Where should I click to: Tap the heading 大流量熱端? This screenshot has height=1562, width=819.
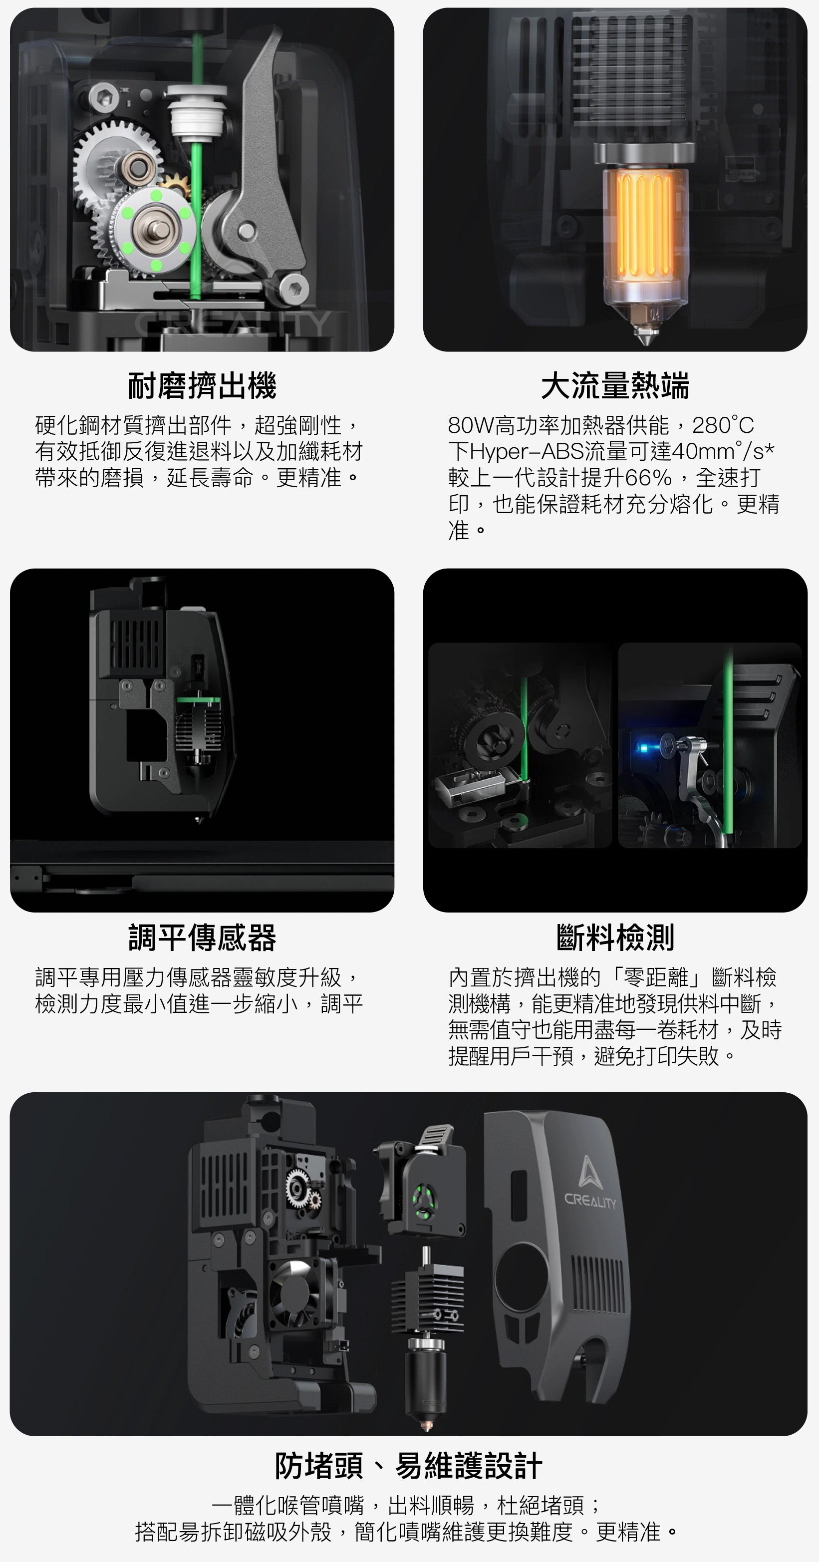coord(615,386)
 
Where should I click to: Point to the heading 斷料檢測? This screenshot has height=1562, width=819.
coord(615,937)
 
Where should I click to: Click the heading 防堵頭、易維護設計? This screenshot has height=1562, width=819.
coord(409,1466)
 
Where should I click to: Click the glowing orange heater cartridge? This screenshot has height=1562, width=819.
coord(644,224)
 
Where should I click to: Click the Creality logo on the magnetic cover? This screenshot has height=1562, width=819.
coord(588,1183)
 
